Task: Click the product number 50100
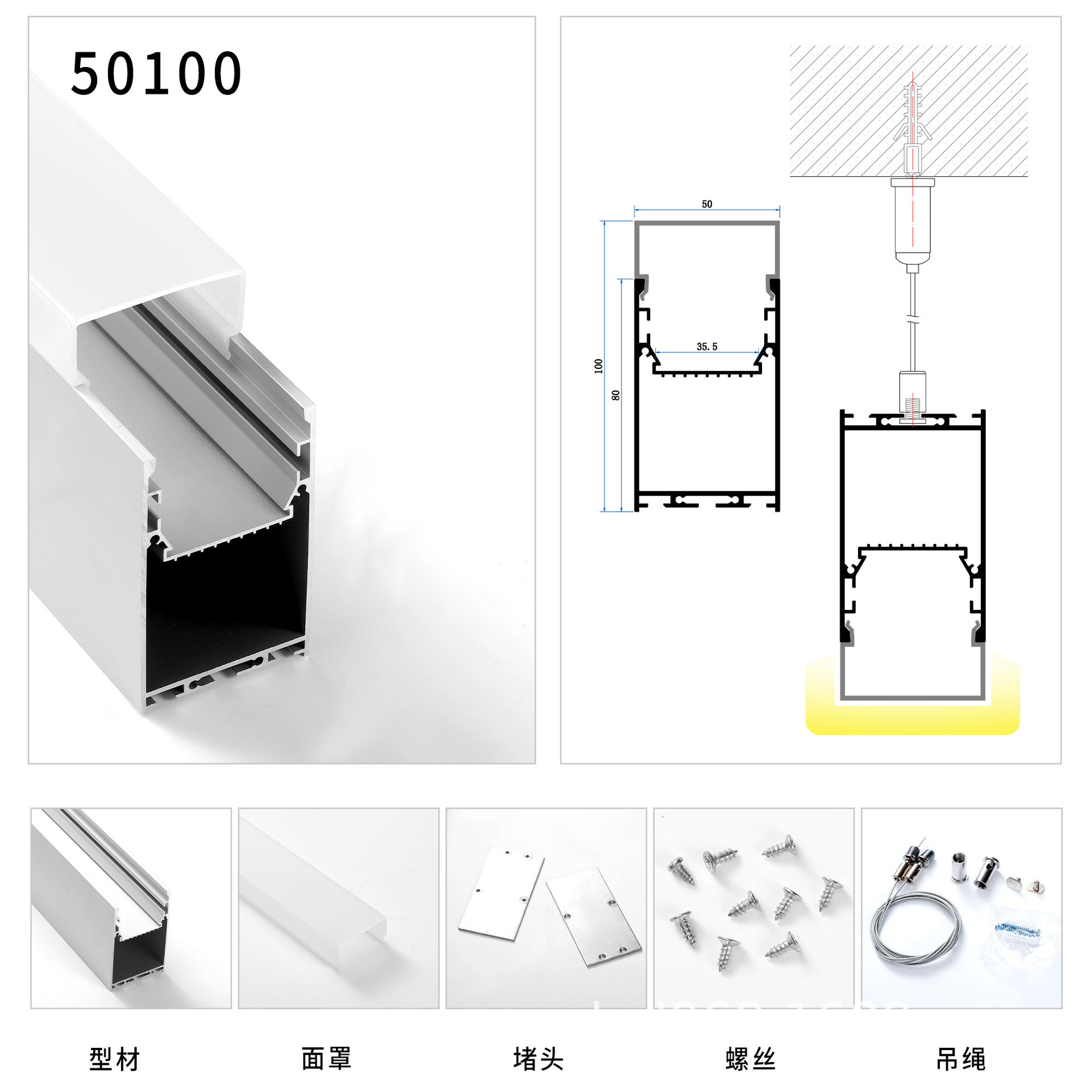click(156, 73)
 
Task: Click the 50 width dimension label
click(706, 204)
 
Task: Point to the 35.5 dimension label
click(707, 347)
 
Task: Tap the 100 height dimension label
click(598, 366)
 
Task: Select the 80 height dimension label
click(616, 395)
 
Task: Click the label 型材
click(114, 1059)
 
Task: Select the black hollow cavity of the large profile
click(227, 602)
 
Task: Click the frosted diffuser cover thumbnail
click(338, 909)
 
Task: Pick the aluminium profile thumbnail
click(131, 909)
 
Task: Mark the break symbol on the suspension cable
click(913, 319)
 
